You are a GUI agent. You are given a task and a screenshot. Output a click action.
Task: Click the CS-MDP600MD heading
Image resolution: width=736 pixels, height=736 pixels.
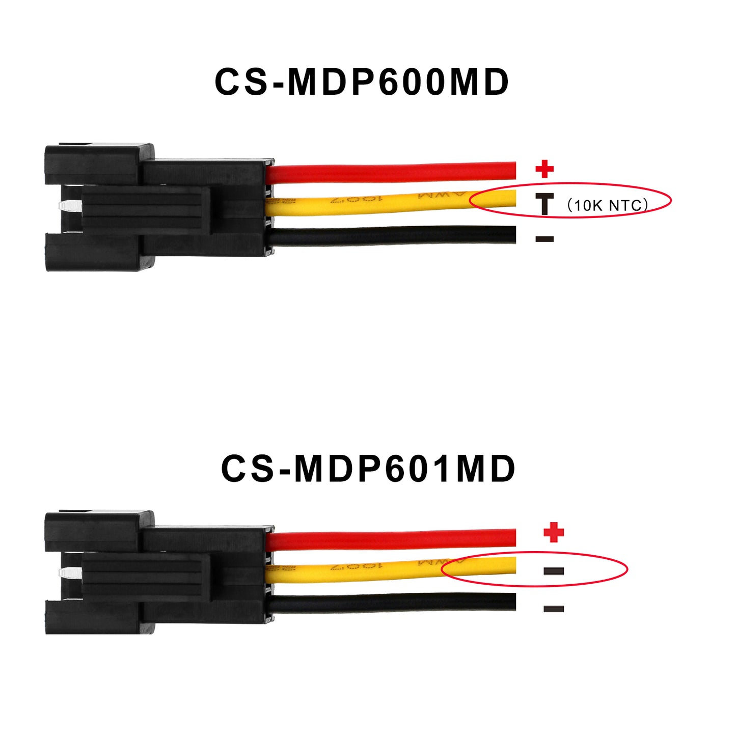[x=361, y=81]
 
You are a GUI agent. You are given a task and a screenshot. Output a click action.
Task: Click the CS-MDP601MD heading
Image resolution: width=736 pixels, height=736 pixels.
[x=368, y=468]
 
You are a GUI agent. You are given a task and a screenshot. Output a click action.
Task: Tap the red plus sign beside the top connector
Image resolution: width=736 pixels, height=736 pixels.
[x=544, y=169]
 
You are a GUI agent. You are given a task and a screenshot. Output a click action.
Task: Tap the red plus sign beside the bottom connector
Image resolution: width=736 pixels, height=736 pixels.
[x=554, y=533]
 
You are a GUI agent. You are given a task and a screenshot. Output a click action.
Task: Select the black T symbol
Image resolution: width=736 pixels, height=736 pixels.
[x=544, y=204]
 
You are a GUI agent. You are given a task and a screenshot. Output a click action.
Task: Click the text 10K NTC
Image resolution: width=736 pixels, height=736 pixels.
[x=608, y=205]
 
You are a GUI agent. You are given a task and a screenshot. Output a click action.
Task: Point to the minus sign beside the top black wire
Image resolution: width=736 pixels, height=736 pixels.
[x=544, y=239]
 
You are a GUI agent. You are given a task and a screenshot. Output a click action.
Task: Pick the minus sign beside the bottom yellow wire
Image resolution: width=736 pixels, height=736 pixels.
[x=554, y=571]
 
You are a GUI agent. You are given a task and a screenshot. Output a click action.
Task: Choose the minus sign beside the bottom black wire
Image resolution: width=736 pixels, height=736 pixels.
[x=554, y=609]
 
